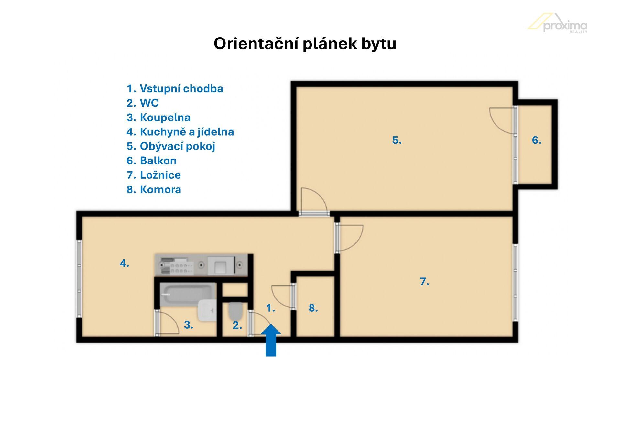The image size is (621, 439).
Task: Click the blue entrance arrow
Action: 271,340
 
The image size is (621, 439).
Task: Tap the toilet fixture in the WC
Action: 235,311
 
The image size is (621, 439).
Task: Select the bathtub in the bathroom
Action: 188,295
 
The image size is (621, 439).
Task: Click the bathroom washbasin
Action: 207,310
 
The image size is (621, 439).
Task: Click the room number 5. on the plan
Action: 397,140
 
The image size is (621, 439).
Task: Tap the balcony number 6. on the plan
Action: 537,140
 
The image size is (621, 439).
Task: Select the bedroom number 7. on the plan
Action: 424,282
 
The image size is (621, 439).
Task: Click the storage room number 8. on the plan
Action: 313,308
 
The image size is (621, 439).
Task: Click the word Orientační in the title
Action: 256,44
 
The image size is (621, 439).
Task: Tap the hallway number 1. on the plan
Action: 270,308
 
